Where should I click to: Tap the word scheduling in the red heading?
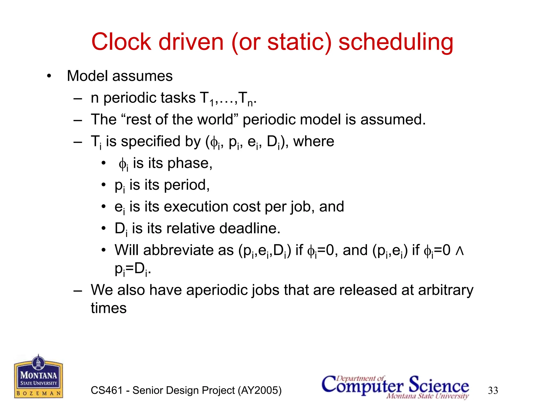[396, 42]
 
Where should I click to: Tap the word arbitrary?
[446, 290]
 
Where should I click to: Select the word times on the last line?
[109, 308]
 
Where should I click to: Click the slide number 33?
[493, 390]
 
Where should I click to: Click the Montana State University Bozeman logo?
[39, 377]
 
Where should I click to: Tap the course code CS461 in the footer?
[106, 390]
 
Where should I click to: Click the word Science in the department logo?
[439, 385]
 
